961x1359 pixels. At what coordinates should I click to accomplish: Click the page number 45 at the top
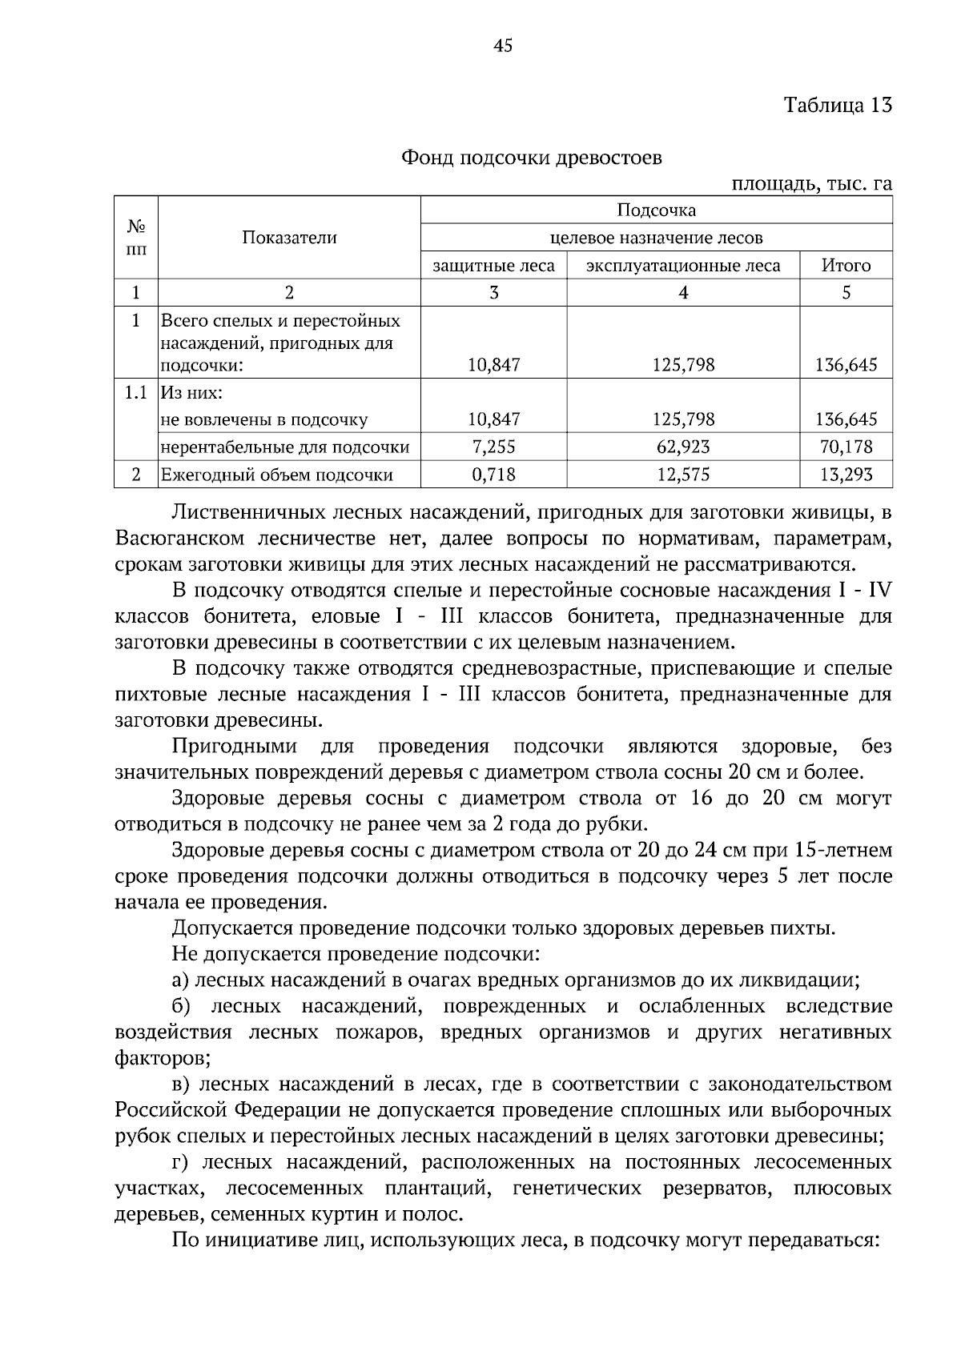(503, 46)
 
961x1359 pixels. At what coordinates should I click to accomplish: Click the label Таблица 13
(838, 106)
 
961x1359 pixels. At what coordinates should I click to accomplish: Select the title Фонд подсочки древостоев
(532, 158)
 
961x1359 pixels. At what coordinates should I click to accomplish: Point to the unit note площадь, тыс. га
(812, 184)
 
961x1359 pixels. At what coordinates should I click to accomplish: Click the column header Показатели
(289, 238)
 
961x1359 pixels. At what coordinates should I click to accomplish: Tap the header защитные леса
(493, 266)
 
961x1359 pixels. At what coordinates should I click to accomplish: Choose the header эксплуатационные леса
(683, 266)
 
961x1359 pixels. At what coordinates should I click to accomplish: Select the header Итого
(846, 266)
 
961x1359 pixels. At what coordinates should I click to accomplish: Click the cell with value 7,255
(493, 447)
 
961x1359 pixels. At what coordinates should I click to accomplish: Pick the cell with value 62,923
(683, 447)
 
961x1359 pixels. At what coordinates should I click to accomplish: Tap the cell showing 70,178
(846, 447)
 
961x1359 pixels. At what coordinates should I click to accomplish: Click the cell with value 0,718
(493, 475)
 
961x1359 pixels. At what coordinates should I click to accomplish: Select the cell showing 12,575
(683, 475)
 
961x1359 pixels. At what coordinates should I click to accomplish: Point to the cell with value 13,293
(846, 475)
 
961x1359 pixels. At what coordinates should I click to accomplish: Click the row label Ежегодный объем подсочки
(277, 475)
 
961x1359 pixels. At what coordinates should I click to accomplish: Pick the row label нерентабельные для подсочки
(285, 447)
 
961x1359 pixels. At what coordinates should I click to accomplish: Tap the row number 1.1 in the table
(135, 393)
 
